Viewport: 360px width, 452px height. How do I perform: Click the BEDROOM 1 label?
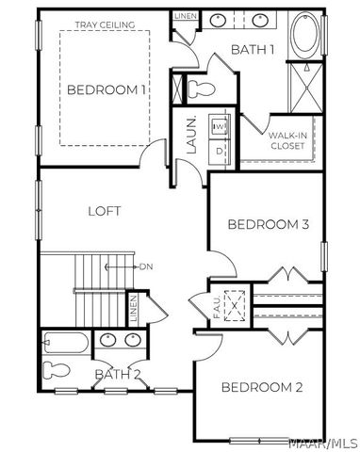pos(106,90)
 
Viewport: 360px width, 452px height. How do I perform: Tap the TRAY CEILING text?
pos(106,24)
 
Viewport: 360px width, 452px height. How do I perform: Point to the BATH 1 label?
pos(252,49)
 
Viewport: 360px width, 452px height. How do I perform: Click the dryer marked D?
pos(219,149)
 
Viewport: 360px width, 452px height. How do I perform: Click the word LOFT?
pos(105,210)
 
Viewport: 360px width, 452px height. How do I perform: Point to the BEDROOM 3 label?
pos(269,224)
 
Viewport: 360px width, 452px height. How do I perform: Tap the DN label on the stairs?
pos(146,266)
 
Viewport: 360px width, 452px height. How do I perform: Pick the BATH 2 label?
pos(118,376)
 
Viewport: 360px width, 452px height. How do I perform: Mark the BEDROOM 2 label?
pos(262,387)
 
